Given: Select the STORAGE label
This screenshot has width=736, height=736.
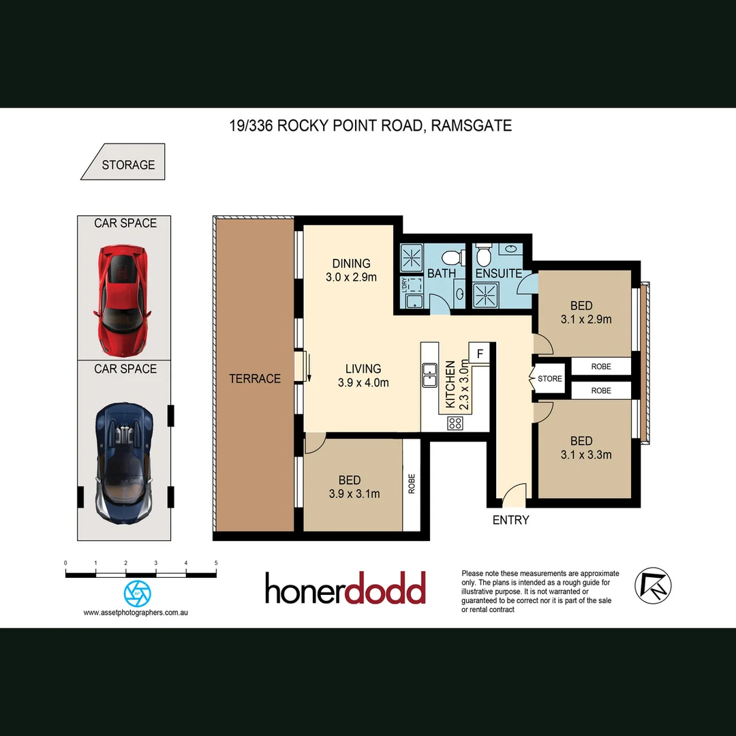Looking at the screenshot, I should [128, 165].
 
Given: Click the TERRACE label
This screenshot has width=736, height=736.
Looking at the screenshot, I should [255, 379].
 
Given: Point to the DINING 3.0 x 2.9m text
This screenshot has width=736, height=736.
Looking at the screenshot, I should [352, 270].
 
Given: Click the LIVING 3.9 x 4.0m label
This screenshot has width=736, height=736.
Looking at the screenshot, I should [363, 375].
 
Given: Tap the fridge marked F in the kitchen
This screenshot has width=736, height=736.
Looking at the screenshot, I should [480, 354].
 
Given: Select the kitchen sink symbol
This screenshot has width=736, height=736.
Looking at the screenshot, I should [429, 374].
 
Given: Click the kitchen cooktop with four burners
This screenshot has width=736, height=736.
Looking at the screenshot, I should [455, 423].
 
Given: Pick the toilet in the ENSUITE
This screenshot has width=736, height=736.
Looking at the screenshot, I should [484, 256].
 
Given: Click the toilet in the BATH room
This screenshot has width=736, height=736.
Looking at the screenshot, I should [450, 257].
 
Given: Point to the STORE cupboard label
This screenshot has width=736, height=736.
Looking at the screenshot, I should [550, 378].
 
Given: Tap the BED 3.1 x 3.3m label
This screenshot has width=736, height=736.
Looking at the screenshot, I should [581, 448].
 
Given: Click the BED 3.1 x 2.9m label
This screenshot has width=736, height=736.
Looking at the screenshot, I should [581, 312].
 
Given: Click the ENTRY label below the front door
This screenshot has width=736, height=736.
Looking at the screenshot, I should [510, 520].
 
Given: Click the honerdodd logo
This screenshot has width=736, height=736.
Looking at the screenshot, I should [346, 589].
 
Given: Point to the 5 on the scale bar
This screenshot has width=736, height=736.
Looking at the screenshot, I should [216, 563].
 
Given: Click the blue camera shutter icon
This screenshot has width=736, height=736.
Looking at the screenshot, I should [137, 593].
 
